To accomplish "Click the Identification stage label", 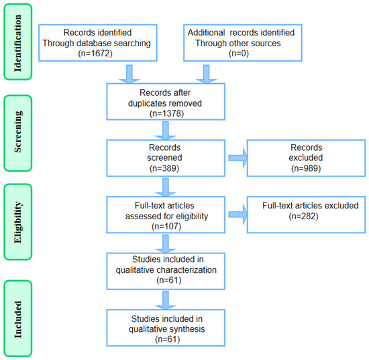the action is (x=18, y=43).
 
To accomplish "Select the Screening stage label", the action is (x=18, y=131).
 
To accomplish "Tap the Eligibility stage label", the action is (x=18, y=222).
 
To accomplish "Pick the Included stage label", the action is (x=18, y=320).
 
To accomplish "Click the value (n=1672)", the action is (x=95, y=54).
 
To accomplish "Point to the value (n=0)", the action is (x=239, y=54).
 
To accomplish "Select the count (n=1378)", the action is (x=166, y=113).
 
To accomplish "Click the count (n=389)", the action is (x=164, y=168).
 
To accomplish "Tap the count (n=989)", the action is (x=306, y=168).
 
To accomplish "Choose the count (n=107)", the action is (x=166, y=226).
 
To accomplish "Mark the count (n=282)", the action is (x=303, y=216).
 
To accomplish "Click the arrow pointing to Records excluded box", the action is (x=238, y=158).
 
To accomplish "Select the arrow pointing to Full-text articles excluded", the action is (x=238, y=215).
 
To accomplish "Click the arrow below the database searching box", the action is (x=129, y=74).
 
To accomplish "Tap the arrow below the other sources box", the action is (x=206, y=74).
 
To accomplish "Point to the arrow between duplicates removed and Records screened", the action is (x=166, y=131).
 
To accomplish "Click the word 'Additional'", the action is (x=206, y=32).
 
